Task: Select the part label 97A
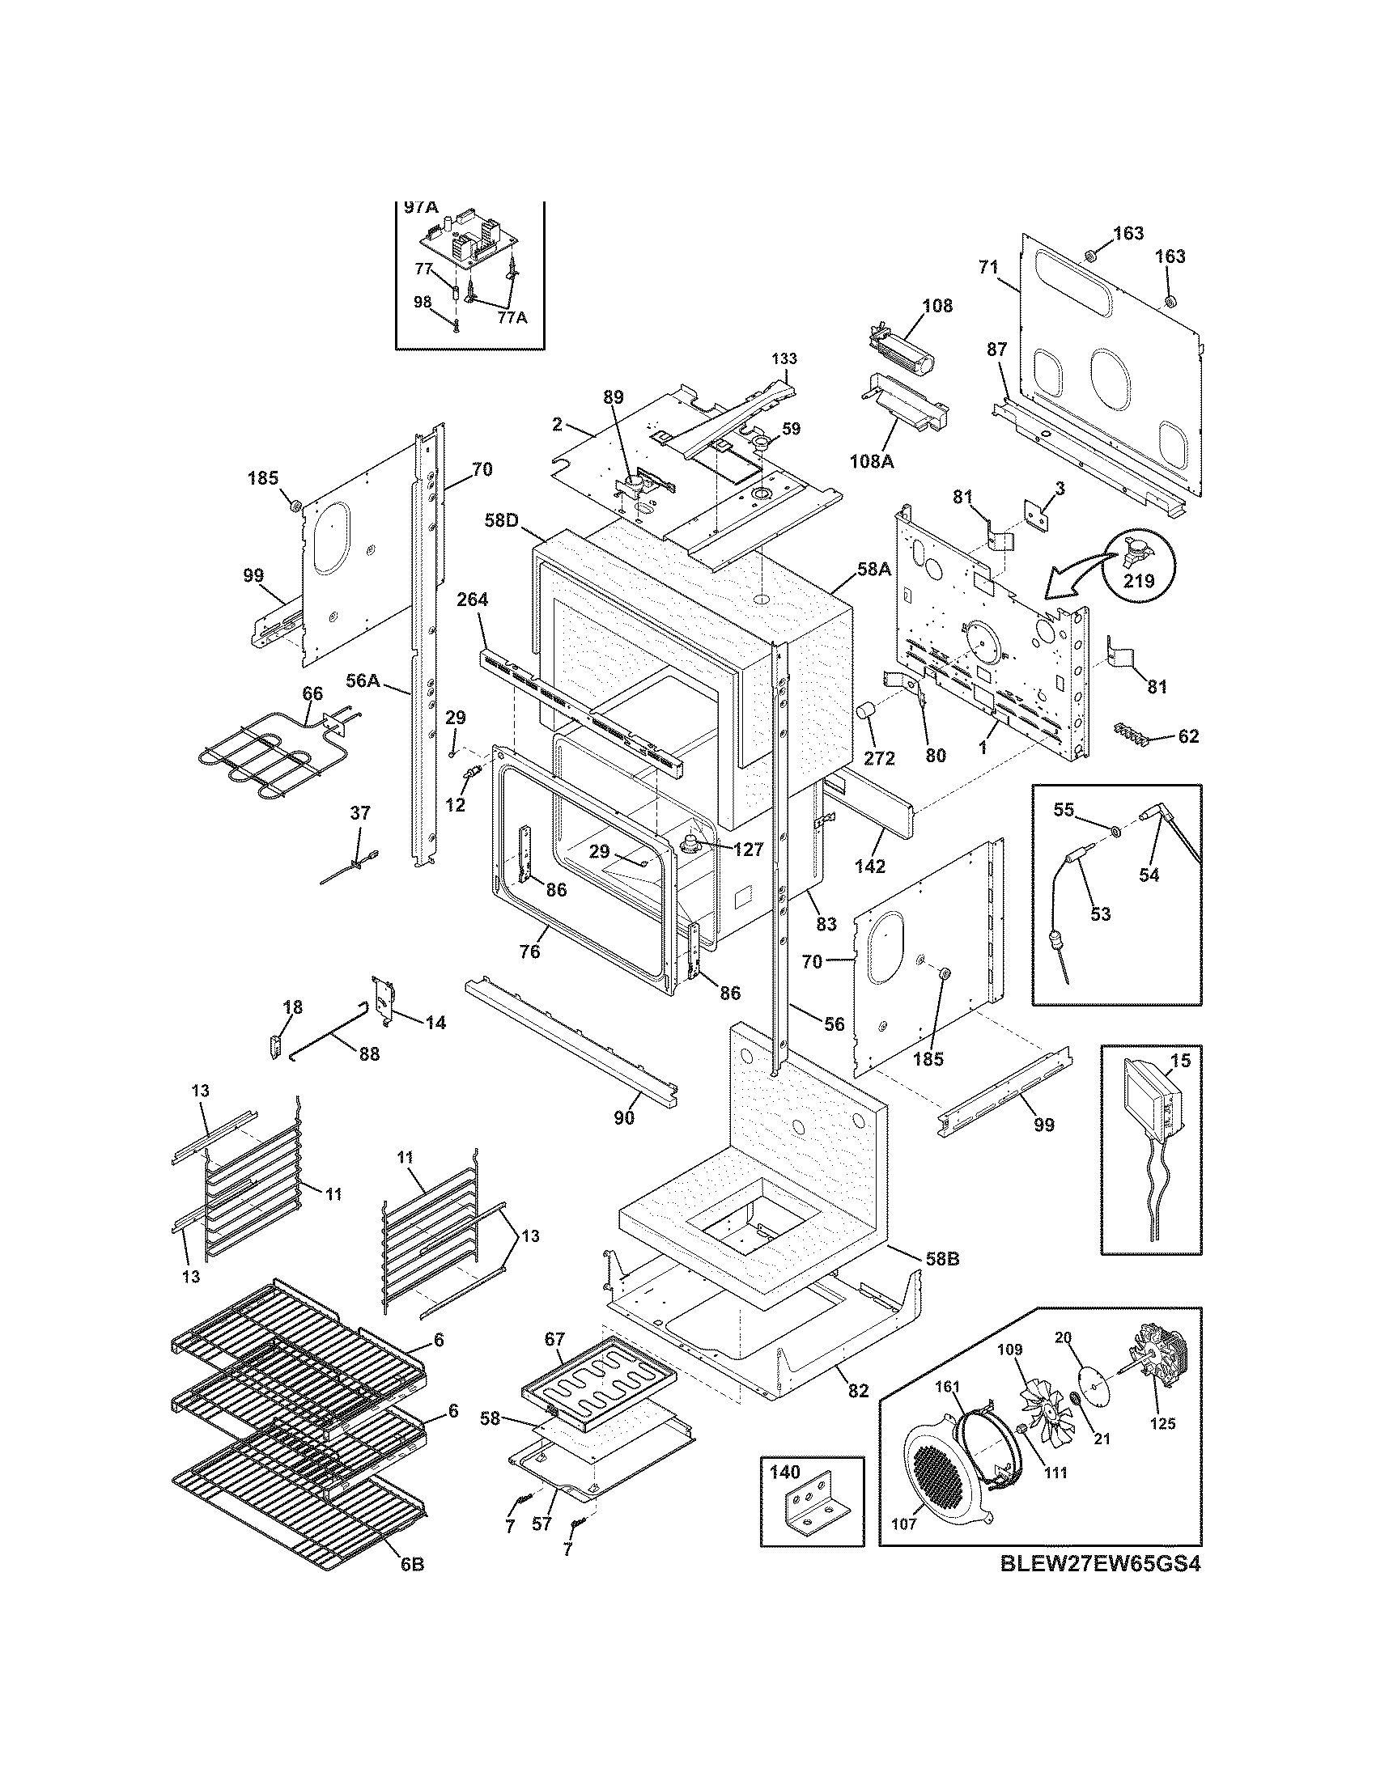[x=421, y=208]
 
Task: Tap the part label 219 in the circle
[x=1140, y=581]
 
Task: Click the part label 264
[x=472, y=600]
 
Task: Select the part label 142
[x=870, y=867]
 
